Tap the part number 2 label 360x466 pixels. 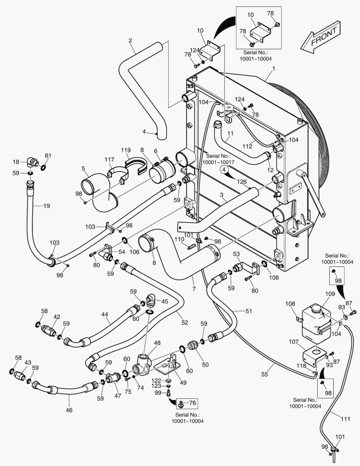click(130, 41)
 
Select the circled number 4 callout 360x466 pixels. click(224, 170)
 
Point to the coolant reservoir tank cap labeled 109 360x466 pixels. click(317, 309)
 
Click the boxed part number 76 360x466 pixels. click(192, 403)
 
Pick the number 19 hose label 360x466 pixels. click(47, 206)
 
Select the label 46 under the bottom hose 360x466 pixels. click(69, 410)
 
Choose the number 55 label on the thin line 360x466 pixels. click(264, 375)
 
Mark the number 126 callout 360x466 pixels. click(242, 182)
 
